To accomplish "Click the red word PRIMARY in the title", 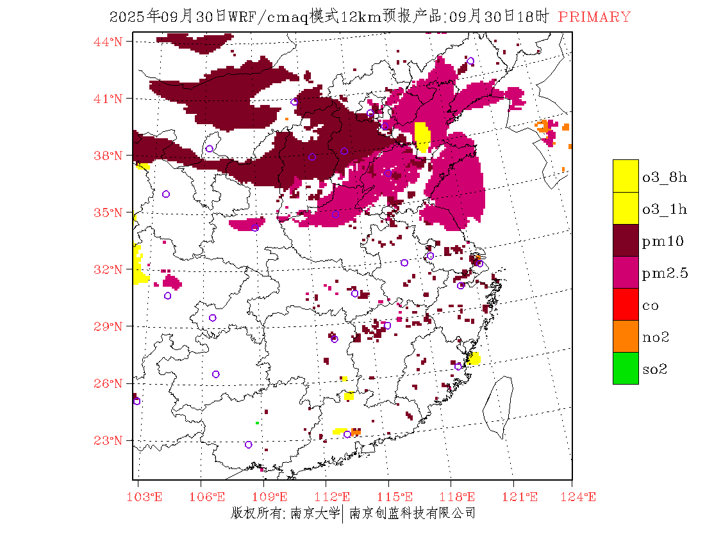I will [x=594, y=17].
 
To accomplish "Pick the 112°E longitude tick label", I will [x=336, y=497].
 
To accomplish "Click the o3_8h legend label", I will [x=665, y=177].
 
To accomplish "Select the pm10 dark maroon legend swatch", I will [x=626, y=240].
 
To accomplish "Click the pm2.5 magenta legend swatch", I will [x=626, y=272].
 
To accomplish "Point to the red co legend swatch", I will [x=626, y=304].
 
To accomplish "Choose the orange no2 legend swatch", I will [x=626, y=336].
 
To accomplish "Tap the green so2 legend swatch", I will [x=626, y=368].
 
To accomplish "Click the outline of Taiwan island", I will [x=498, y=403].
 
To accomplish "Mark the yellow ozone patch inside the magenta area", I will [x=422, y=136].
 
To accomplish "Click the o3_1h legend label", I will [x=665, y=209].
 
